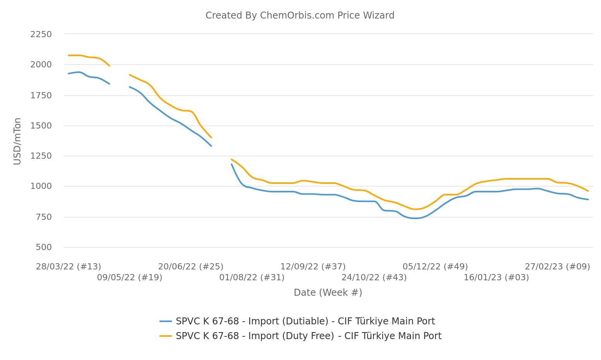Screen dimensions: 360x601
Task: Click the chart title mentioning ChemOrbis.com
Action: click(300, 15)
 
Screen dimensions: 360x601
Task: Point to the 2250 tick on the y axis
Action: click(41, 34)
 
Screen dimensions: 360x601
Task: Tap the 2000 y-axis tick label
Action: click(41, 65)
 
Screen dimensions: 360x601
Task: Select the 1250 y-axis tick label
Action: click(41, 156)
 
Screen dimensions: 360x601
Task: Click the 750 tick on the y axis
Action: click(43, 217)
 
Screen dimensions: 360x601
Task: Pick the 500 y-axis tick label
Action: click(43, 247)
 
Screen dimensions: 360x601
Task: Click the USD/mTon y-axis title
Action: click(17, 141)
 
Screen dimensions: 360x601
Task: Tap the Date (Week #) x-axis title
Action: click(328, 293)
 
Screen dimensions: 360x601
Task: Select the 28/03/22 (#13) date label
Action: click(69, 267)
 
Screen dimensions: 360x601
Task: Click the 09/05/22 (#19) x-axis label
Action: click(129, 278)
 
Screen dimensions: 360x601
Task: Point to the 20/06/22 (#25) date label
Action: click(191, 267)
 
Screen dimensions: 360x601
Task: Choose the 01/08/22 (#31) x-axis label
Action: click(252, 278)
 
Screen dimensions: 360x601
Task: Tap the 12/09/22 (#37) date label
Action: click(313, 267)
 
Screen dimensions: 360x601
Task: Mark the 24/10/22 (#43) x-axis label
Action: click(374, 278)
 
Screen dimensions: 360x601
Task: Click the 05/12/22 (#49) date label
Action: click(435, 267)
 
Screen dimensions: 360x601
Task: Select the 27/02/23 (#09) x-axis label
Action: click(557, 267)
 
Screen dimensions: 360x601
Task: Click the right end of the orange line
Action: click(588, 191)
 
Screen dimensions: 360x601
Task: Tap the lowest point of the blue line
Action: click(415, 218)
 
